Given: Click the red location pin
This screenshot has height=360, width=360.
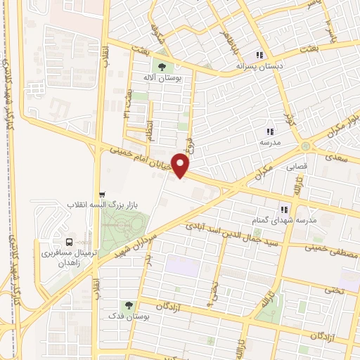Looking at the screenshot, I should coord(181,166).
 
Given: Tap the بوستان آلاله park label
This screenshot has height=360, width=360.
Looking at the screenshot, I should coord(162,78).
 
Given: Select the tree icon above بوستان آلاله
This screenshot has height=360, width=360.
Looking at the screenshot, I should coord(162,67).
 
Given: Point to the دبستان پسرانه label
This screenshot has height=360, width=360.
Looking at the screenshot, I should coord(259,65).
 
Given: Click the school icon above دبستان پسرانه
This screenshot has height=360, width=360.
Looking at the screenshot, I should coord(259,54).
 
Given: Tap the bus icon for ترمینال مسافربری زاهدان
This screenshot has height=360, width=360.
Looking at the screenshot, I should coord(68,241).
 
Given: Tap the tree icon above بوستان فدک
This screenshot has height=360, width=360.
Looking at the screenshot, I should coord(129,306).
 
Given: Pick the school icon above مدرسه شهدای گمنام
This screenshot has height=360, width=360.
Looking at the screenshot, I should coord(284,209).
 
